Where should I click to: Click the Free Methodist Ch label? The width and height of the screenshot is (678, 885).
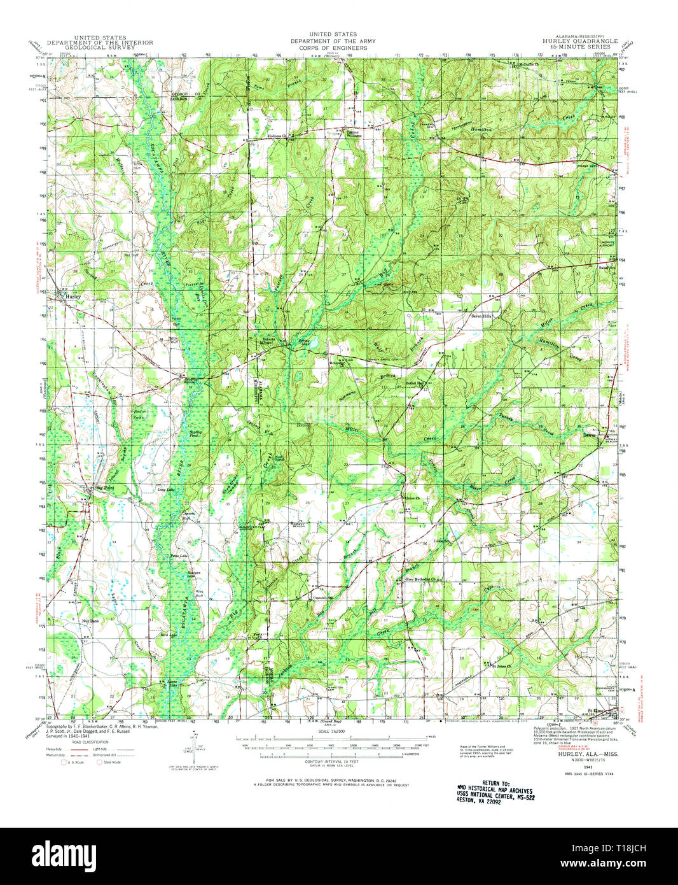point(423,579)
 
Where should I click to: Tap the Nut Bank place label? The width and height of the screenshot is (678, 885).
point(91,619)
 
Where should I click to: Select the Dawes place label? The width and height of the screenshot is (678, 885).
point(591,436)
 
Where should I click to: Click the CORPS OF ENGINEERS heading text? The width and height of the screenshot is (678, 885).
point(333,48)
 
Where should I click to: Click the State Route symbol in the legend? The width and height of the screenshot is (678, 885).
point(99,761)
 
